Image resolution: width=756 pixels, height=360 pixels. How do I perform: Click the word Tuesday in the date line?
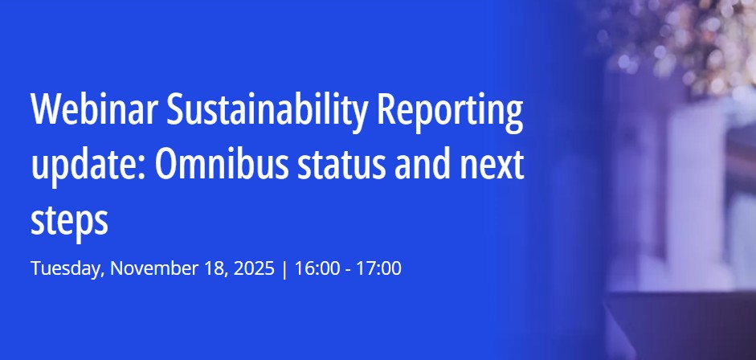tap(66, 268)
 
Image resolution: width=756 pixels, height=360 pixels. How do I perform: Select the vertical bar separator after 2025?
tap(284, 268)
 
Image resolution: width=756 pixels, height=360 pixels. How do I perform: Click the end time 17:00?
tap(378, 268)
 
